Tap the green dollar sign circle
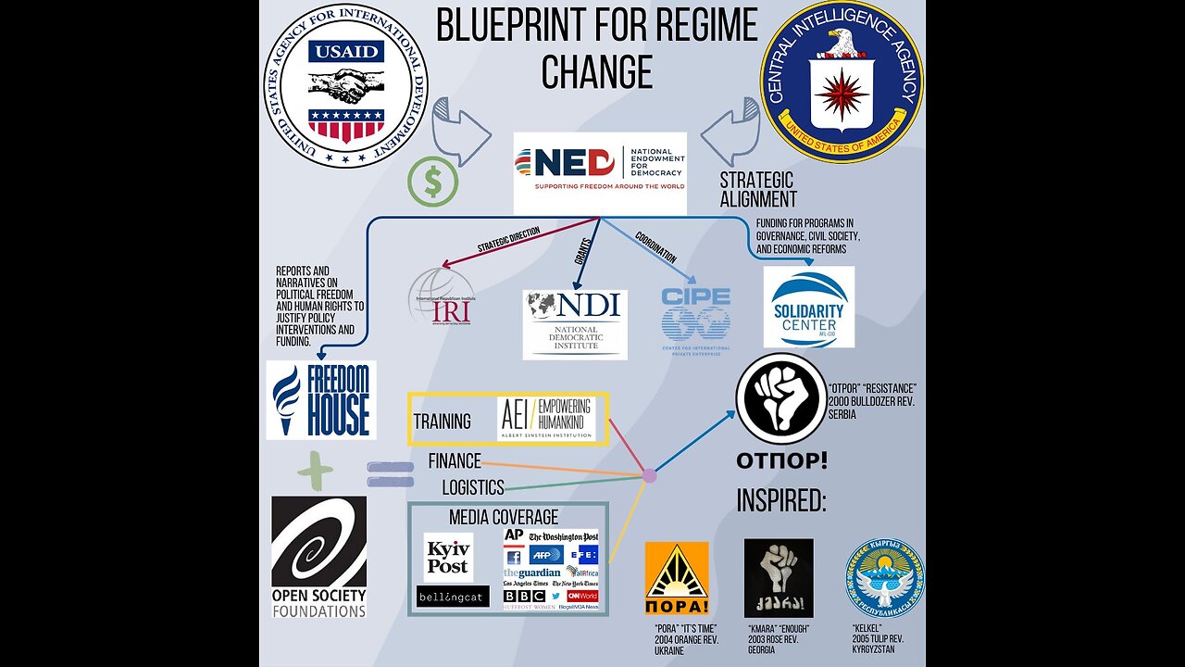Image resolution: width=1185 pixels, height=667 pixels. (432, 182)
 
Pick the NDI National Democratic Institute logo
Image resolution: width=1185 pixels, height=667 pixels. (574, 324)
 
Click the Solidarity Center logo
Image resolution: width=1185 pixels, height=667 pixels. (808, 307)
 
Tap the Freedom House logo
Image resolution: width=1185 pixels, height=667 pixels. (320, 399)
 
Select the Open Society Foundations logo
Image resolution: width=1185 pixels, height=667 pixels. (318, 556)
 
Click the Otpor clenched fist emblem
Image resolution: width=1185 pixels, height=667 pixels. (780, 398)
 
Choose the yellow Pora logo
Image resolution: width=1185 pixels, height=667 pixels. (676, 578)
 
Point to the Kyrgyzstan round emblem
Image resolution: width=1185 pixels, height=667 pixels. (884, 579)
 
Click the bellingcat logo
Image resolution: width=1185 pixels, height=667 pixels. (452, 596)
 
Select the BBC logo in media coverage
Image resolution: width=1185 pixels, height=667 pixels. (523, 596)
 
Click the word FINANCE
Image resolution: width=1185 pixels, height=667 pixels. (455, 460)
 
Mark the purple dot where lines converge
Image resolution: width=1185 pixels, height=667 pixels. (649, 476)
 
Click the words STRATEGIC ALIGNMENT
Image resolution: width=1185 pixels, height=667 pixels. (757, 188)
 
